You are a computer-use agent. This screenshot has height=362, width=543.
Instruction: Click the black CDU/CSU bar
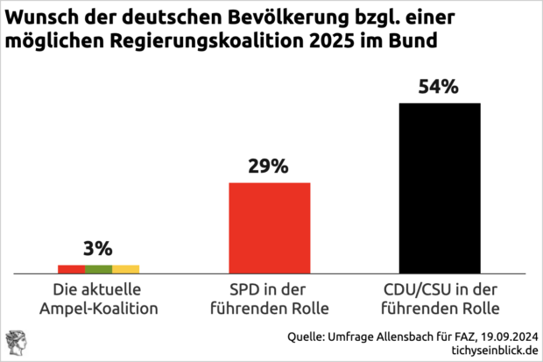[x=440, y=188]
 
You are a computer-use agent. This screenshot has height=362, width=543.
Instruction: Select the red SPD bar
[x=270, y=228]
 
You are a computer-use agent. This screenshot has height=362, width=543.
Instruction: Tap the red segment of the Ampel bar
[x=71, y=269]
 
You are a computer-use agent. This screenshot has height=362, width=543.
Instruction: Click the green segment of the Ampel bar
[x=99, y=269]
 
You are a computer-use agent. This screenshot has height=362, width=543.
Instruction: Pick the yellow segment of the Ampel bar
[x=126, y=269]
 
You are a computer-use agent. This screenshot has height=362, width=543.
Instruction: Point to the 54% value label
[x=439, y=88]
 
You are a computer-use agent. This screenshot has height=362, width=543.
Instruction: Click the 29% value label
[x=270, y=167]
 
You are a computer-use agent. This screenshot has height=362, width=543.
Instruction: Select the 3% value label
[x=99, y=248]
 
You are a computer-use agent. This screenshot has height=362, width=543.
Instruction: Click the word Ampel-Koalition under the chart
[x=99, y=309]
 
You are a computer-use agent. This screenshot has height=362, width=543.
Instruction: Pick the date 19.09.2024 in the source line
[x=504, y=335]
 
